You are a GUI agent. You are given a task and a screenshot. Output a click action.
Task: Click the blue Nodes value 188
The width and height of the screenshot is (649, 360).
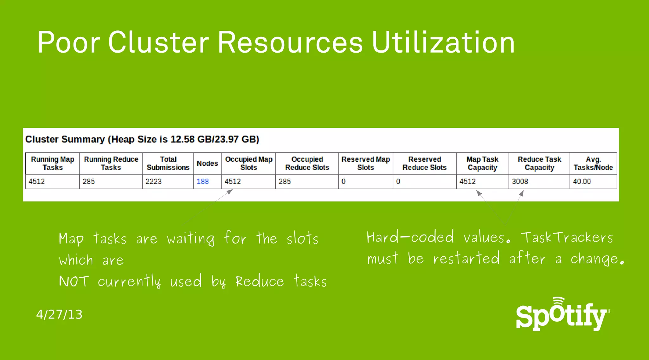pyautogui.click(x=202, y=182)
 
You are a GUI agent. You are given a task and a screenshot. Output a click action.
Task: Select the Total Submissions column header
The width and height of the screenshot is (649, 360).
pyautogui.click(x=168, y=164)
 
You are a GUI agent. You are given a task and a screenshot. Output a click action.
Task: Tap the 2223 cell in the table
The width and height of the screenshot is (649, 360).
pyautogui.click(x=154, y=182)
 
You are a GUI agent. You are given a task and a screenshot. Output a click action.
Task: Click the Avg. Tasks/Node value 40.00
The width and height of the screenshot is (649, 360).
pyautogui.click(x=582, y=182)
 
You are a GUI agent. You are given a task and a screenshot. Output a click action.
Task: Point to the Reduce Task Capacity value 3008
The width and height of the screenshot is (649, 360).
pyautogui.click(x=520, y=182)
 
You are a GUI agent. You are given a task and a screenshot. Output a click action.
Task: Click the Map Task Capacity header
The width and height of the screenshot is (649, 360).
pyautogui.click(x=482, y=164)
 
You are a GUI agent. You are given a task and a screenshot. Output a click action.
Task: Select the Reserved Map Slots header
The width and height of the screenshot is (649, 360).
pyautogui.click(x=366, y=164)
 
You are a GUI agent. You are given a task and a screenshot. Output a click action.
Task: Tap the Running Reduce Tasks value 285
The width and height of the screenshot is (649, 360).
pyautogui.click(x=89, y=182)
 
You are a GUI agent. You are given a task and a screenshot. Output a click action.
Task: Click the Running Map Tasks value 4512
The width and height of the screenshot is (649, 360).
pyautogui.click(x=37, y=182)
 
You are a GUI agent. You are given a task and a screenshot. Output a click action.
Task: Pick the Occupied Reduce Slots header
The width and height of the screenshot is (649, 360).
pyautogui.click(x=307, y=164)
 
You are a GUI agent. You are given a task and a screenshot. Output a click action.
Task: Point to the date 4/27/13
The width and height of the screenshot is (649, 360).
pyautogui.click(x=59, y=314)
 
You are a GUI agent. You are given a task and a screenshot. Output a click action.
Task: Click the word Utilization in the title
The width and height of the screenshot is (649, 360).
pyautogui.click(x=443, y=42)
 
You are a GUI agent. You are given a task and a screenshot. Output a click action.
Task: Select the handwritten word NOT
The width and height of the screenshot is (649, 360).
pyautogui.click(x=74, y=281)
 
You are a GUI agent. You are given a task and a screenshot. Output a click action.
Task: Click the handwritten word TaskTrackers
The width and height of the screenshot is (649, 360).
pyautogui.click(x=567, y=237)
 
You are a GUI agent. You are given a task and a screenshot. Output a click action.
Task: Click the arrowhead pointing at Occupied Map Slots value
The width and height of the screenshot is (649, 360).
pyautogui.click(x=230, y=192)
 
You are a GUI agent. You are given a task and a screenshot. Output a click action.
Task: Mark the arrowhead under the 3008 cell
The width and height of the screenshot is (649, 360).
pyautogui.click(x=521, y=193)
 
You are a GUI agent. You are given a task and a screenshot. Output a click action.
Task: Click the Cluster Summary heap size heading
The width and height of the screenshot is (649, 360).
pyautogui.click(x=142, y=139)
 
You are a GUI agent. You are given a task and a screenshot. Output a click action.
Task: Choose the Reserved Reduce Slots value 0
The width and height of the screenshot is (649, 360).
pyautogui.click(x=398, y=182)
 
